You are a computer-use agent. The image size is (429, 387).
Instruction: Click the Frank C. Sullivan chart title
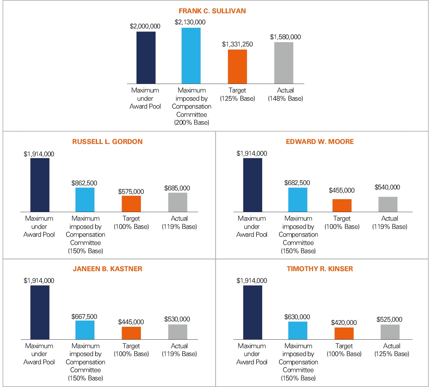tap(212, 11)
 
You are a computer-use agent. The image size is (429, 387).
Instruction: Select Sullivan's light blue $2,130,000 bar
tap(191, 56)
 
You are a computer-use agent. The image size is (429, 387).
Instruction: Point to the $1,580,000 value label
tap(285, 37)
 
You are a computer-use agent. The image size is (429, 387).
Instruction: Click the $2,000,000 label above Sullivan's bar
tap(145, 26)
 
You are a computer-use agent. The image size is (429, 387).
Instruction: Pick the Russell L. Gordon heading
tap(107, 142)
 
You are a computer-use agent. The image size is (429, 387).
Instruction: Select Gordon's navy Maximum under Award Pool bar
tap(40, 185)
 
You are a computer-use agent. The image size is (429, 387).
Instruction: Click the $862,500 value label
tap(84, 183)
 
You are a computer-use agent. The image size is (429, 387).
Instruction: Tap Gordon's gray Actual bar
tap(178, 202)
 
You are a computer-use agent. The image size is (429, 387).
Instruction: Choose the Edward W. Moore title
tap(320, 142)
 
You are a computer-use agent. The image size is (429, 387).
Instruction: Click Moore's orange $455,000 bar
tap(342, 205)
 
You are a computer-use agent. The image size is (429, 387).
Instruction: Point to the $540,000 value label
tap(387, 187)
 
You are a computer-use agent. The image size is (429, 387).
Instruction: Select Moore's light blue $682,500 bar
tap(298, 199)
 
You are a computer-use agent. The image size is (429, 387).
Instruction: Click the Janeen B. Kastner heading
tap(107, 269)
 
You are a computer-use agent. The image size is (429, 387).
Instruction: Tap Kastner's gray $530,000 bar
tap(178, 332)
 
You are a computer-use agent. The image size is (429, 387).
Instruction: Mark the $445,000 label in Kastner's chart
tap(131, 322)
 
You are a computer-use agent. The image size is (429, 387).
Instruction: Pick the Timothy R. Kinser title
tap(320, 269)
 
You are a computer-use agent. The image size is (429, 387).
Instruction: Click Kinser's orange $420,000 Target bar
tap(344, 333)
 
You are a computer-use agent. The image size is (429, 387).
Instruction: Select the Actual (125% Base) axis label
tap(392, 350)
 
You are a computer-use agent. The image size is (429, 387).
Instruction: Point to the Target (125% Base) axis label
tap(237, 94)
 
